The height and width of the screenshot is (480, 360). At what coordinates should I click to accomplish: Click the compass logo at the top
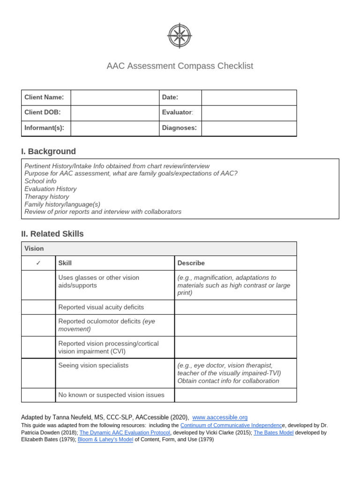pyautogui.click(x=180, y=36)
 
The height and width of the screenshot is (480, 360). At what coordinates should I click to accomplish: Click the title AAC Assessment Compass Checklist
pyautogui.click(x=180, y=66)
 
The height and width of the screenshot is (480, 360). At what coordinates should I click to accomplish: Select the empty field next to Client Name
pyautogui.click(x=115, y=97)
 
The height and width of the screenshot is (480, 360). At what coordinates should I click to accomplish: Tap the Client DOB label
pyautogui.click(x=43, y=112)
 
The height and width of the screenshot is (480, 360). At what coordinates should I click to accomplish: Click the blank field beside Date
pyautogui.click(x=249, y=97)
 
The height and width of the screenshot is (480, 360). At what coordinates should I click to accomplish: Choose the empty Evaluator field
pyautogui.click(x=249, y=112)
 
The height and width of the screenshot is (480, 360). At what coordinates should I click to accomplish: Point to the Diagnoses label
pyautogui.click(x=180, y=128)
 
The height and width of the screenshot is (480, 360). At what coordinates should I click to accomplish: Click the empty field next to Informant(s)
pyautogui.click(x=115, y=128)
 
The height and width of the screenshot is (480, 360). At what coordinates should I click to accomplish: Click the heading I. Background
pyautogui.click(x=48, y=151)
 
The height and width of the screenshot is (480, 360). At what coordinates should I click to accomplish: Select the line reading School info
pyautogui.click(x=40, y=181)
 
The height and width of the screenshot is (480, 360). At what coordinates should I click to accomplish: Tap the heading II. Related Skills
pyautogui.click(x=52, y=234)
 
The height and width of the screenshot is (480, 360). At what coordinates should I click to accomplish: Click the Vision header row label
pyautogui.click(x=34, y=249)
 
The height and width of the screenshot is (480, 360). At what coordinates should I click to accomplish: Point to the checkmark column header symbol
pyautogui.click(x=38, y=263)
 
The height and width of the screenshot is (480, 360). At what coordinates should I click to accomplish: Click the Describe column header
pyautogui.click(x=191, y=263)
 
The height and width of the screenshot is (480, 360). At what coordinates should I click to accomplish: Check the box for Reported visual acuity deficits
pyautogui.click(x=38, y=307)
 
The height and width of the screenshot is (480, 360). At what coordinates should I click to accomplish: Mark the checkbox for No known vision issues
pyautogui.click(x=38, y=395)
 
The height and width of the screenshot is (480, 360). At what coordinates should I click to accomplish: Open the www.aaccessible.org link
pyautogui.click(x=220, y=417)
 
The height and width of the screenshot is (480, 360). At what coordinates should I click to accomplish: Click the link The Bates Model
pyautogui.click(x=274, y=433)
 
